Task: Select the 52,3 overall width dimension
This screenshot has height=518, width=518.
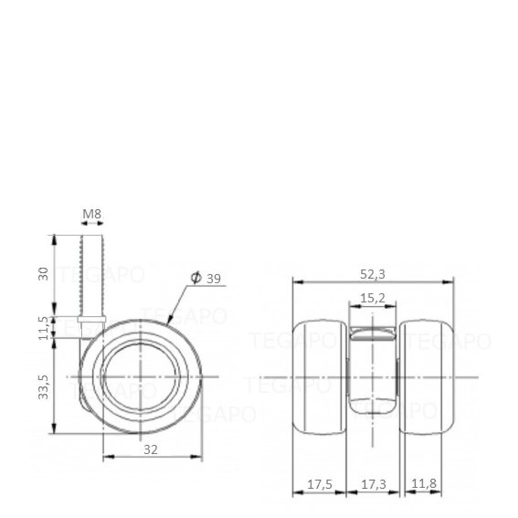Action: click(373, 275)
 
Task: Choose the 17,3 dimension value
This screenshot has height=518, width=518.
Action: click(373, 485)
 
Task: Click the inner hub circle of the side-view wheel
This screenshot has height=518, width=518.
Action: click(140, 376)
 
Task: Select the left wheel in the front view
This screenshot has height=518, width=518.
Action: click(319, 376)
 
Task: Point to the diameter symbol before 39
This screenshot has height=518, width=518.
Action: click(195, 279)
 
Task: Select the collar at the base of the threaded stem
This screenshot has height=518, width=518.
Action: click(91, 320)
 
